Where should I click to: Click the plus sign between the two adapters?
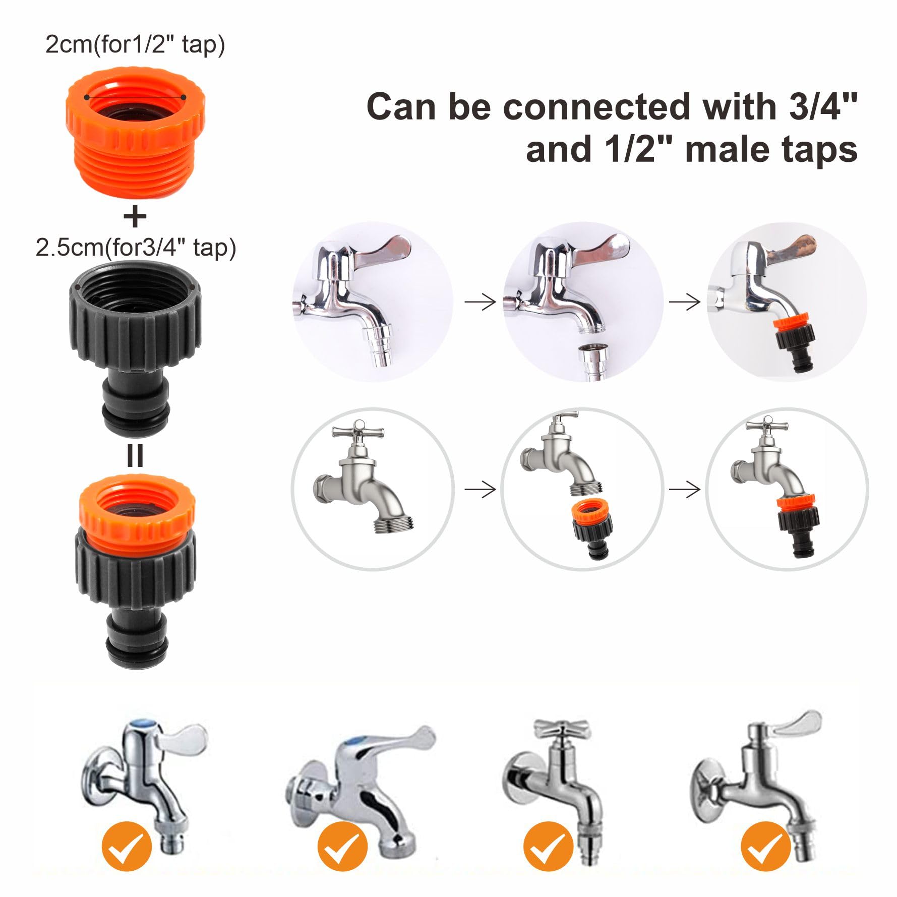tap(135, 217)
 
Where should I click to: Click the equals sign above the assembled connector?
tap(135, 456)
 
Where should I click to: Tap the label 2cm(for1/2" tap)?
tap(135, 45)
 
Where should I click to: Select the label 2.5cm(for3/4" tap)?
tap(136, 248)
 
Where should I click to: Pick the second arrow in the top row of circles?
tap(685, 302)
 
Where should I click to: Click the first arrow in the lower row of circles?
tap(480, 489)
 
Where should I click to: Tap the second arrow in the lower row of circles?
tap(685, 489)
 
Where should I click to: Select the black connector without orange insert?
tap(135, 348)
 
